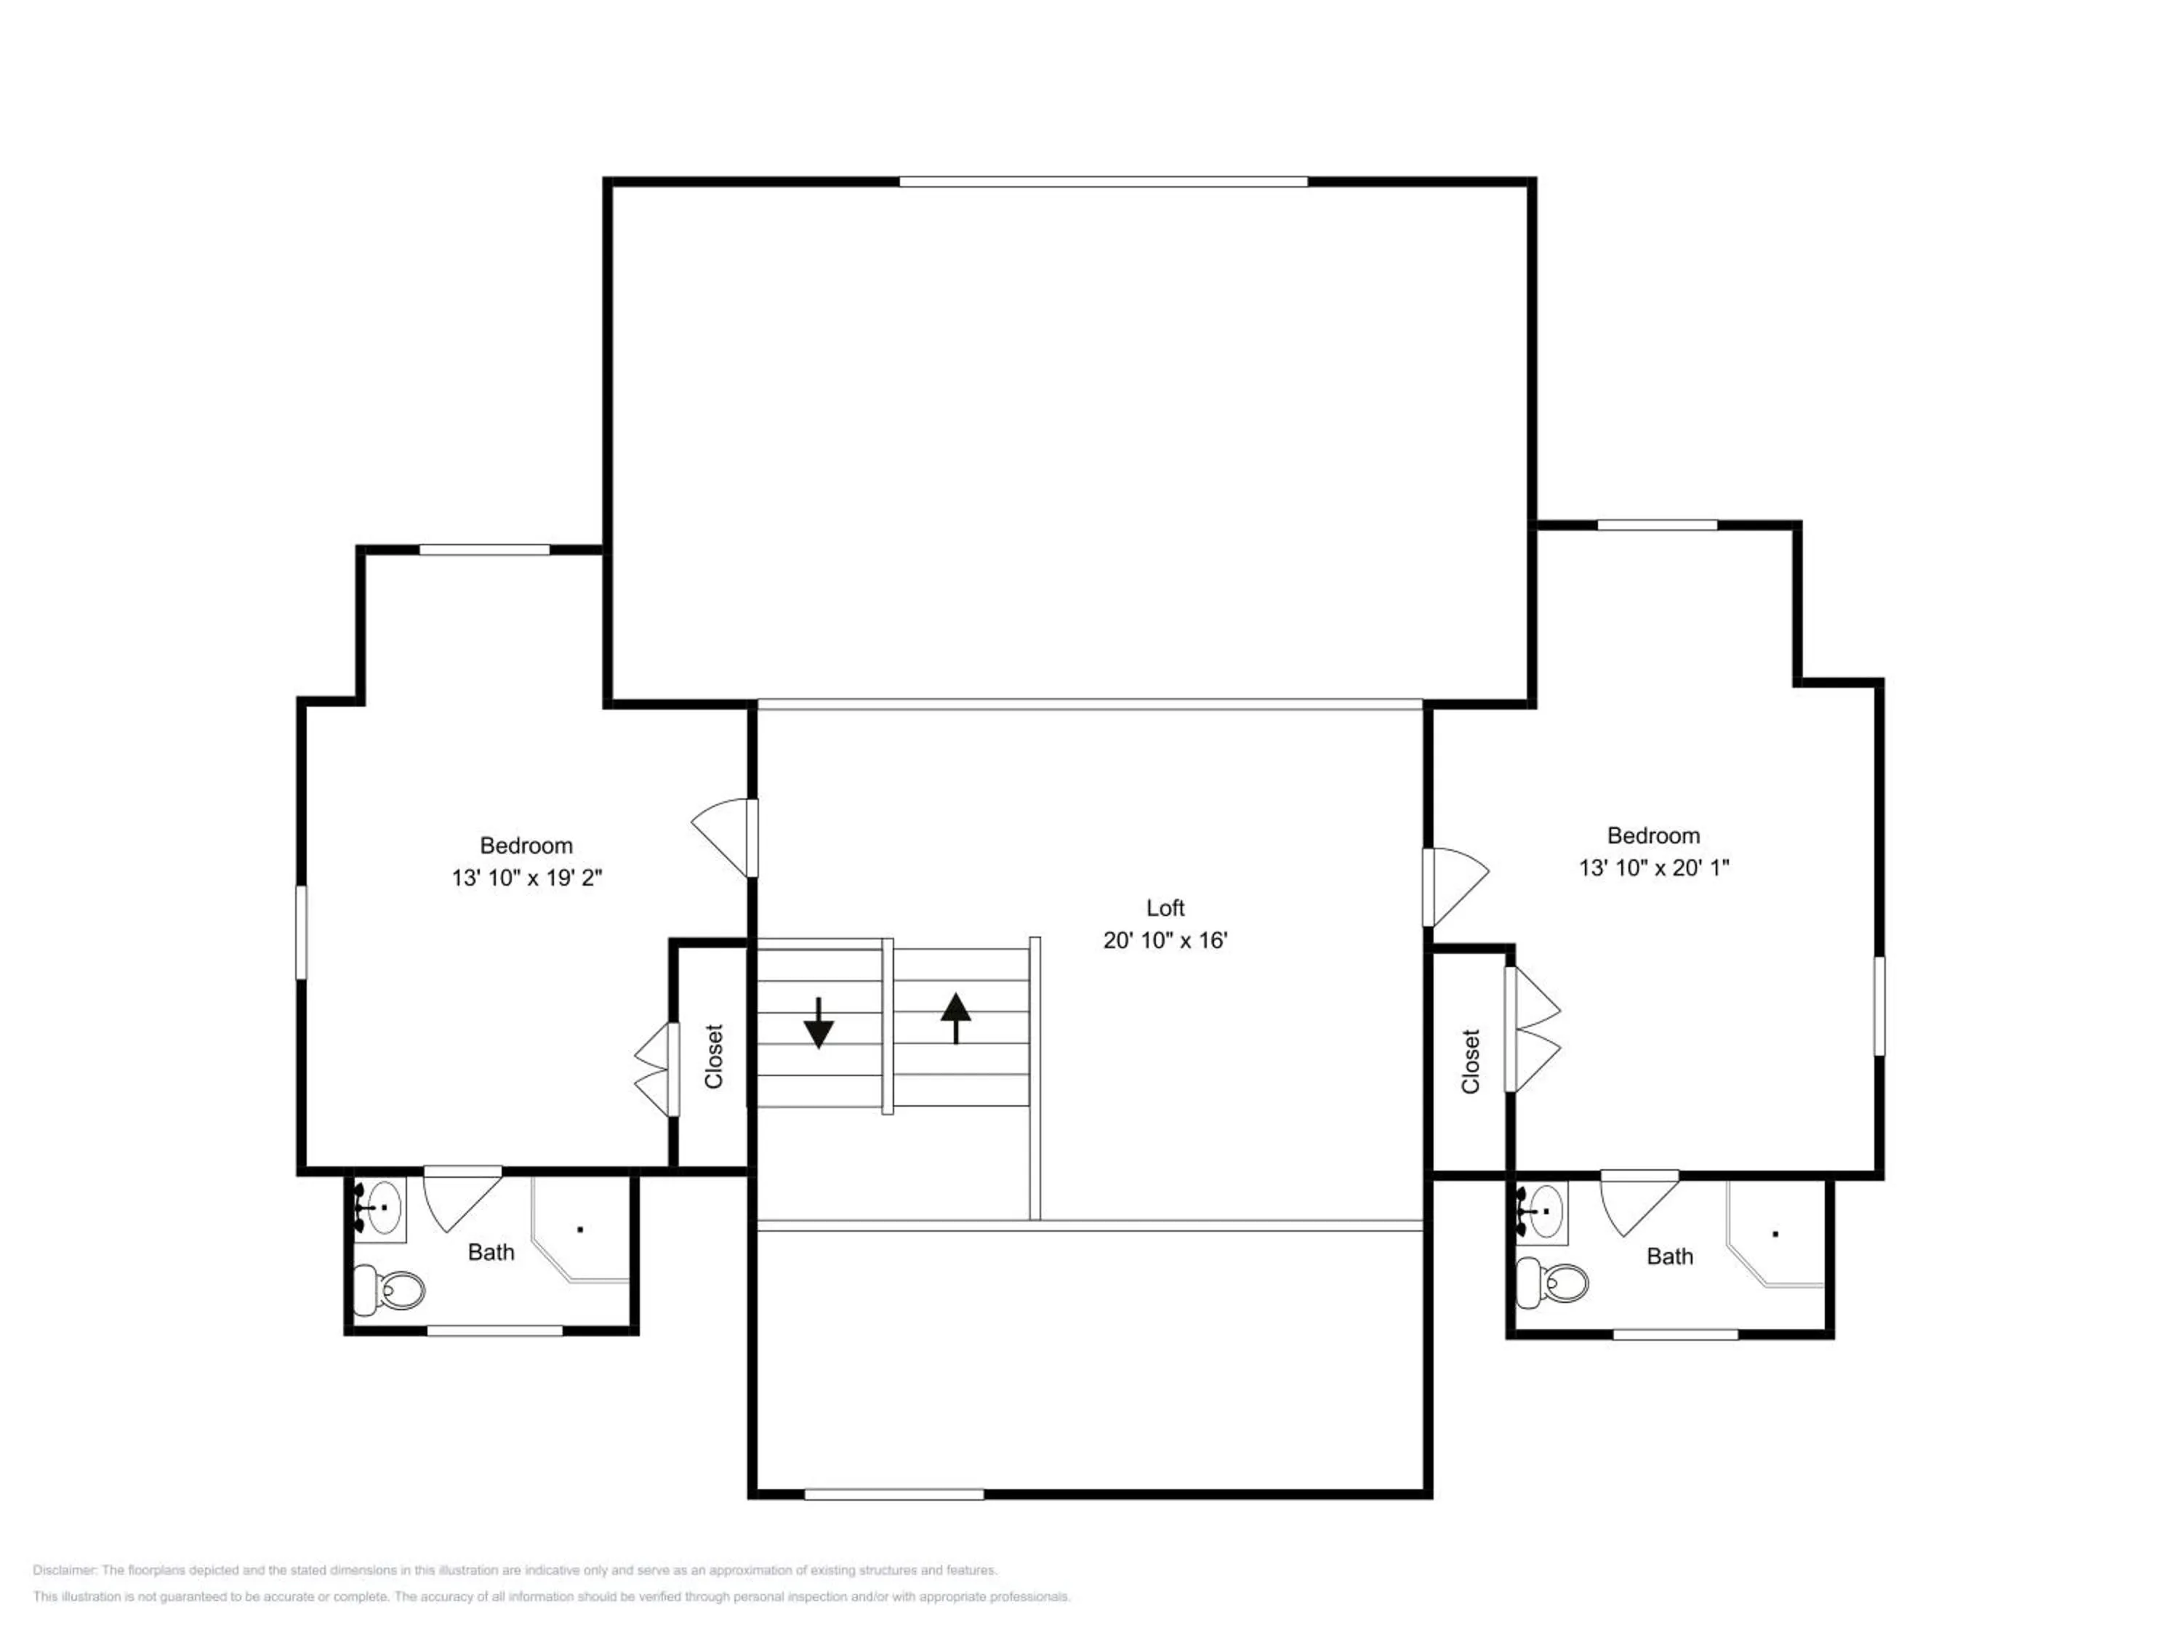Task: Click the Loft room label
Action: coord(1165,908)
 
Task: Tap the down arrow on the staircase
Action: coord(819,1022)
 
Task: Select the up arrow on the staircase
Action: coord(955,1018)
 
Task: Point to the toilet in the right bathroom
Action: coord(1552,1282)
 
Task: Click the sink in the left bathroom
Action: coord(379,1206)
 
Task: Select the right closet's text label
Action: coord(1470,1061)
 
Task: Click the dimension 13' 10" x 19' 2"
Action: coord(526,878)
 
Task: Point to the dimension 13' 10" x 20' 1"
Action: coord(1653,867)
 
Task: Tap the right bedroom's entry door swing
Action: coord(1455,886)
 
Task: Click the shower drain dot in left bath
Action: coord(581,1229)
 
